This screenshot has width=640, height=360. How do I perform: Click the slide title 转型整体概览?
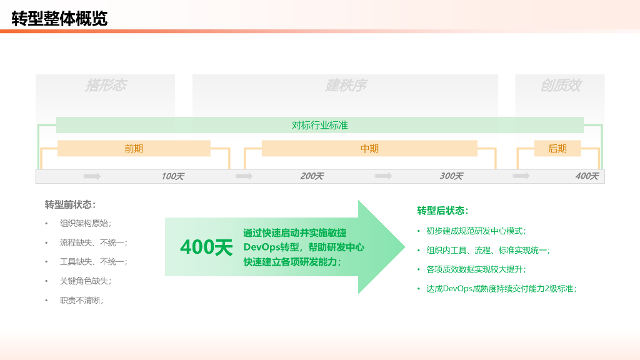[x=59, y=19]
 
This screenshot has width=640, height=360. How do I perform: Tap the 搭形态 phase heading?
[x=106, y=86]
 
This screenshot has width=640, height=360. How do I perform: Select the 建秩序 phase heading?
[x=345, y=86]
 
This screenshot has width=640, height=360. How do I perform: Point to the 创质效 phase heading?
[x=560, y=86]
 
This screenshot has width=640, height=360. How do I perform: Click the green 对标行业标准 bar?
[x=319, y=125]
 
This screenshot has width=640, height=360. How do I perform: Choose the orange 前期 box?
[x=134, y=148]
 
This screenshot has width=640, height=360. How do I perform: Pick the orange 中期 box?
[x=369, y=148]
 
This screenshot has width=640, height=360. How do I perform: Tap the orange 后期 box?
[x=557, y=148]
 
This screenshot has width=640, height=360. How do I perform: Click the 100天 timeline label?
[x=172, y=176]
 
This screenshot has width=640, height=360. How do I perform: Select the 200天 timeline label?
[x=312, y=176]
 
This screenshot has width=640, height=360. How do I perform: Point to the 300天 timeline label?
[x=451, y=176]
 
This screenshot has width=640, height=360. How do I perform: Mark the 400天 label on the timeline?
[x=586, y=176]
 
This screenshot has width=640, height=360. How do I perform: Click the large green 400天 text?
[x=206, y=247]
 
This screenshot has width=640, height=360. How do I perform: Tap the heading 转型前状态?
[x=70, y=204]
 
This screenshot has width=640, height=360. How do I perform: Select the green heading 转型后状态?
[x=442, y=211]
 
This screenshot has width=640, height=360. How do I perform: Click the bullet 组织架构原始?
[x=86, y=223]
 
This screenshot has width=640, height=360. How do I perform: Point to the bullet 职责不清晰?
[x=81, y=300]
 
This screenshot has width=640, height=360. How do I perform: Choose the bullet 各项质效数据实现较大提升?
[x=476, y=269]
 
